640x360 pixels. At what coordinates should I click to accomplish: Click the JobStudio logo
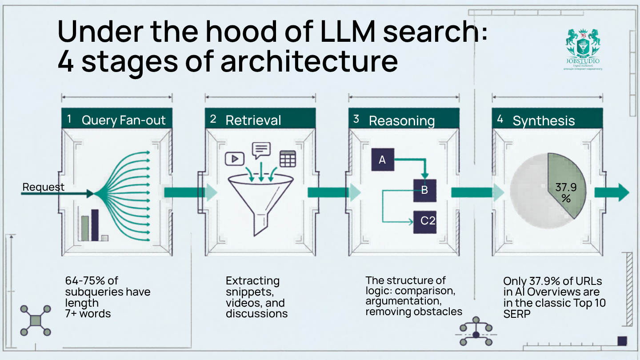(583, 49)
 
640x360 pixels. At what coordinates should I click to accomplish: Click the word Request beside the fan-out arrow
(43, 187)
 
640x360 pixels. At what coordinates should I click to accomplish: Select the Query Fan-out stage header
(116, 120)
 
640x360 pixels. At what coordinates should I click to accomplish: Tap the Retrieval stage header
(260, 120)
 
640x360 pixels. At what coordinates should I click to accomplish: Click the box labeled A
(382, 160)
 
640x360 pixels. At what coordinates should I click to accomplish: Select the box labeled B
(424, 190)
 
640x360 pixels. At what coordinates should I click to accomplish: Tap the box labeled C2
(424, 221)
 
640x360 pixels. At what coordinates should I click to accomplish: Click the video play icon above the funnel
(235, 158)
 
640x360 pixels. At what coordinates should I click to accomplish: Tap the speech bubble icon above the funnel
(261, 150)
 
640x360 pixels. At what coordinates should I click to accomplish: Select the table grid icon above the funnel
(288, 159)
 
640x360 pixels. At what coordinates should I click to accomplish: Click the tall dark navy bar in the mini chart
(95, 225)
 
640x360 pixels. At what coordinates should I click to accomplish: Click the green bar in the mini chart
(84, 228)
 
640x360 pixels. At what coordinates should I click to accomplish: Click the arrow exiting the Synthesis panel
(612, 192)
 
